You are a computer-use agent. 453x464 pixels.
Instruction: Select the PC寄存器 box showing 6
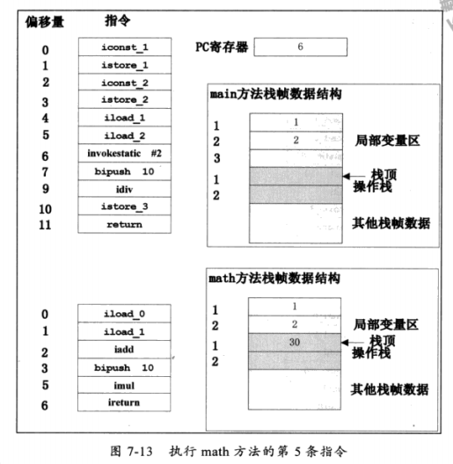(x=300, y=47)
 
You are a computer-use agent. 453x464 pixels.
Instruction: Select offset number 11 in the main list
(x=45, y=225)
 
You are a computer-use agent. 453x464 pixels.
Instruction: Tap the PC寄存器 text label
(x=221, y=47)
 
